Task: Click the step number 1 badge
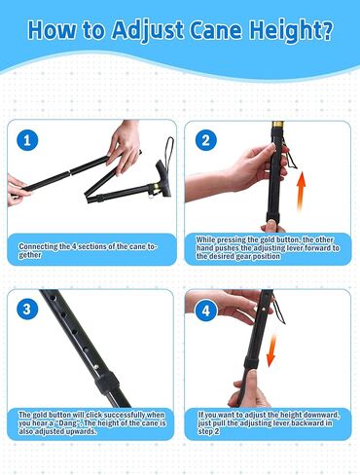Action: pos(27,140)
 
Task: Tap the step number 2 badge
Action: pos(206,140)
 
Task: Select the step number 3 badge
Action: pos(27,309)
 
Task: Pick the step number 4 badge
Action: pos(206,311)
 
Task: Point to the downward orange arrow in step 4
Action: pos(271,351)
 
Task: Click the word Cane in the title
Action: pos(216,30)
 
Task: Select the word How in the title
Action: pos(53,30)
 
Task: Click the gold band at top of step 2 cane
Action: pos(278,125)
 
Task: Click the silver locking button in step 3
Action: pos(96,367)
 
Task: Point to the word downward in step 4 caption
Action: pos(320,415)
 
